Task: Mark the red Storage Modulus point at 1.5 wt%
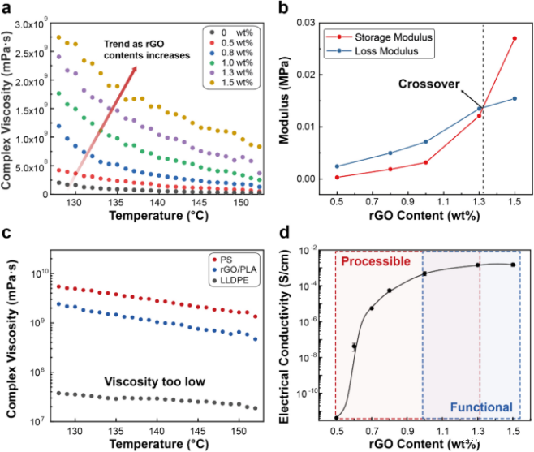click(514, 38)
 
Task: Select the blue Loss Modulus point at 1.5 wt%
click(514, 98)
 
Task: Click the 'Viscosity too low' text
click(156, 381)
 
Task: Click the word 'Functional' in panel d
click(480, 407)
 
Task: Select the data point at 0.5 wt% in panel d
click(336, 418)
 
